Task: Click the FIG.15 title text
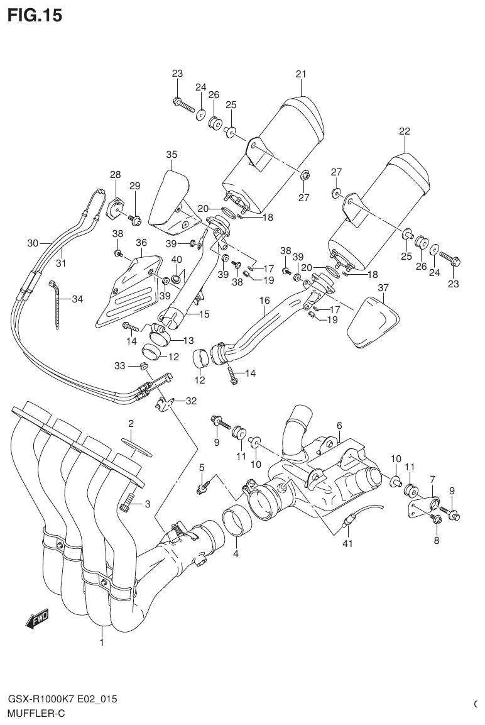(x=35, y=15)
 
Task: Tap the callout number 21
(x=300, y=74)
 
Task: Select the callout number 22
(x=404, y=131)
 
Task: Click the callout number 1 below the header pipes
(x=101, y=642)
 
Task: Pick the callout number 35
(x=172, y=154)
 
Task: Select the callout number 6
(x=339, y=425)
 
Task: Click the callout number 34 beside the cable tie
(x=77, y=299)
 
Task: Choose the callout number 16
(x=264, y=301)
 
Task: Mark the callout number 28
(x=115, y=174)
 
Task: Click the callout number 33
(x=119, y=365)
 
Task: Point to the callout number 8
(x=436, y=540)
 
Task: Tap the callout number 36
(x=141, y=242)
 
